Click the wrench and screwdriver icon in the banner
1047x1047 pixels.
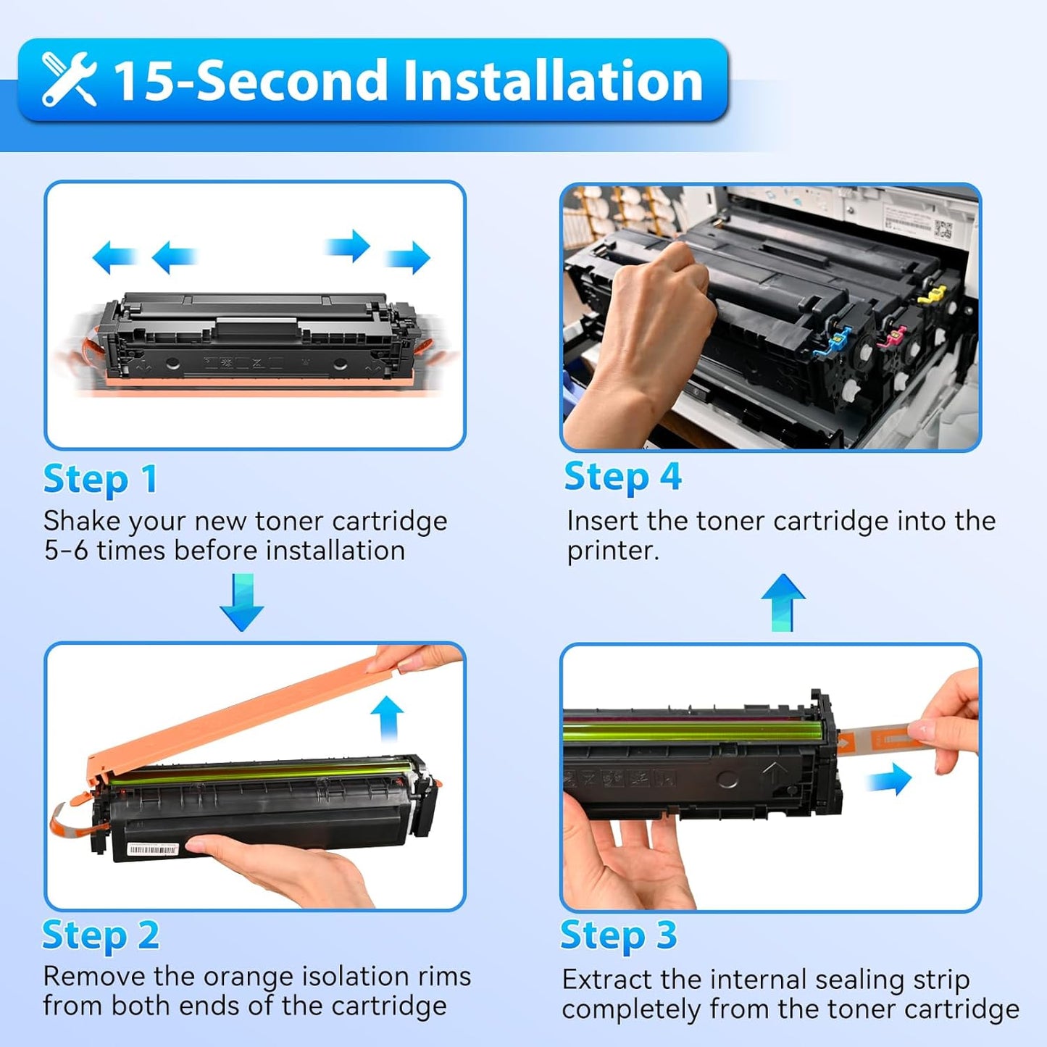pyautogui.click(x=69, y=79)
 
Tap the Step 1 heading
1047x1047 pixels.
pyautogui.click(x=100, y=480)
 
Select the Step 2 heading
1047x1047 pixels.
pyautogui.click(x=100, y=935)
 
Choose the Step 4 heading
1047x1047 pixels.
pyautogui.click(x=622, y=477)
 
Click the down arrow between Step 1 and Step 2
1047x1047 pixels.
pyautogui.click(x=241, y=601)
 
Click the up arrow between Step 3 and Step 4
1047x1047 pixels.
pyautogui.click(x=783, y=601)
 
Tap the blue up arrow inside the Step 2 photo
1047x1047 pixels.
pyautogui.click(x=387, y=717)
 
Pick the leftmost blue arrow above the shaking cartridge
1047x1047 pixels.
pyautogui.click(x=114, y=257)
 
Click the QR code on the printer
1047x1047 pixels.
pyautogui.click(x=943, y=230)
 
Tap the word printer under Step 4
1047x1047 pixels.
pyautogui.click(x=612, y=551)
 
